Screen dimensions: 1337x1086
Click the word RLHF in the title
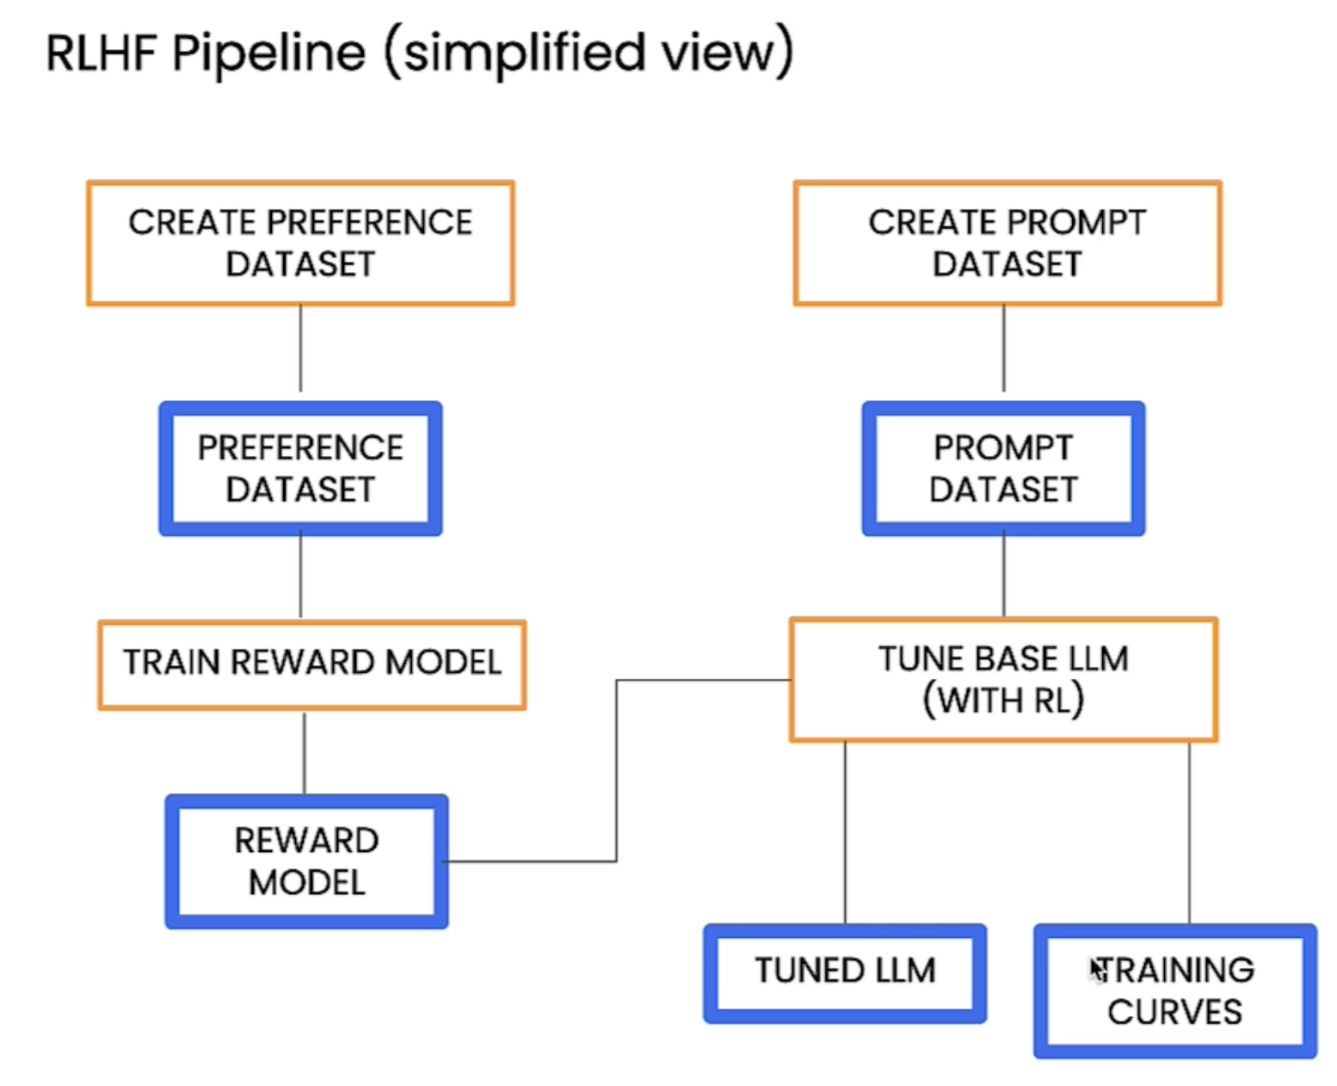click(x=101, y=52)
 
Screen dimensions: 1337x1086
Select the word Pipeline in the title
click(x=268, y=54)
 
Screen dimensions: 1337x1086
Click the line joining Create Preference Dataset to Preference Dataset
click(x=300, y=349)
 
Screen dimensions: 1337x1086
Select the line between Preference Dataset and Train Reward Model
click(x=300, y=574)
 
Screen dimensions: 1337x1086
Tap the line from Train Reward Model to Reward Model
click(x=305, y=753)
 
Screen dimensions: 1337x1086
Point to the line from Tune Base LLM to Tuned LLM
click(x=844, y=832)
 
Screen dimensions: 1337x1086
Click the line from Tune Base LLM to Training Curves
click(x=1188, y=832)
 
